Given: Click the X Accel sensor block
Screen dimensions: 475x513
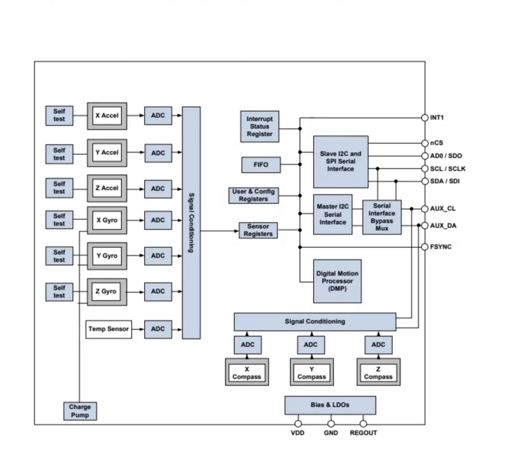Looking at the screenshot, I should [107, 116].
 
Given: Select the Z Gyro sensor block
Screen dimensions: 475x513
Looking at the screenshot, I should [107, 292].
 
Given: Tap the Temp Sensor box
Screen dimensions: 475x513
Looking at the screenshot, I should [109, 329].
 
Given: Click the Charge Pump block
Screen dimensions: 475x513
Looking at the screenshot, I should [80, 411].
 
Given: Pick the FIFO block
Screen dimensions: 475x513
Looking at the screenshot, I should [261, 164].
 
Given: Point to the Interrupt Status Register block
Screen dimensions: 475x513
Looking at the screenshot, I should [260, 127].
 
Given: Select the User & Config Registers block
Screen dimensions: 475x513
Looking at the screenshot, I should [253, 195].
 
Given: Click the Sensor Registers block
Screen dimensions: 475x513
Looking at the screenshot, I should [259, 230].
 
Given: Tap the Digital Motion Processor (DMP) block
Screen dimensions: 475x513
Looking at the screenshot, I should [338, 281].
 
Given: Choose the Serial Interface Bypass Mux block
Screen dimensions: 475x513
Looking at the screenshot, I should [382, 217].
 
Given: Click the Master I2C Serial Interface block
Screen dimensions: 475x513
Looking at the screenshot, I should [333, 214].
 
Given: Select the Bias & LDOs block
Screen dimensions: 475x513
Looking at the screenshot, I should [330, 405].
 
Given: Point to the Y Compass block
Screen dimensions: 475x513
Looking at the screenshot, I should [311, 373].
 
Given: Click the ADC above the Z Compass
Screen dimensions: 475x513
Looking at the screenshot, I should [378, 345].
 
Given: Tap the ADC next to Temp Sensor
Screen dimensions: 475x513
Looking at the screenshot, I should [158, 329].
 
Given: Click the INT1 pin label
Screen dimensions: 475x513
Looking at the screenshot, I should [437, 118].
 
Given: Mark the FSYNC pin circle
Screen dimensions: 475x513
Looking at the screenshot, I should [425, 247].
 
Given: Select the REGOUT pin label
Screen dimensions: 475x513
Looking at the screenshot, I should [363, 433].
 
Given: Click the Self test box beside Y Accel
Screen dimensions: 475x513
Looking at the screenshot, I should [59, 154].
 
